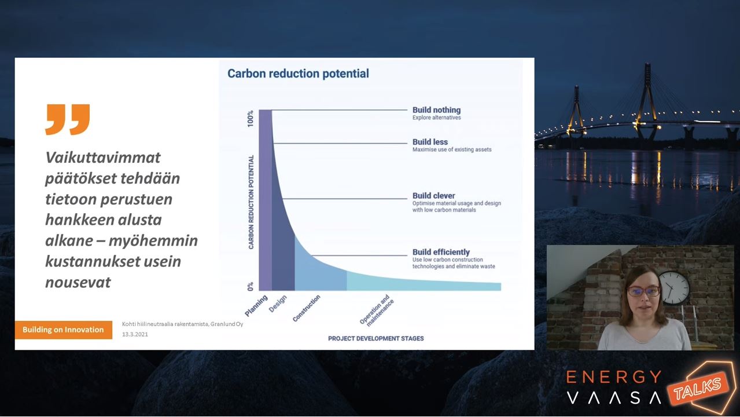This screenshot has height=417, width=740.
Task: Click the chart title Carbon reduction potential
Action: point(298,74)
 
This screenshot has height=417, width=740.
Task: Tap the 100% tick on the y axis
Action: point(251,118)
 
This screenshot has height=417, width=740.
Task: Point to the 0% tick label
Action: point(251,286)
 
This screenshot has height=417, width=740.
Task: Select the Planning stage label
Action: point(256,306)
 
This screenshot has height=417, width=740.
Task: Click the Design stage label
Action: point(278,303)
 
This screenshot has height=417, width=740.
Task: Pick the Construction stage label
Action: point(307,308)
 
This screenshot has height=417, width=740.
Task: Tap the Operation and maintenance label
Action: point(377,310)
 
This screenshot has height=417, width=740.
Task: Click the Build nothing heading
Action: point(436,110)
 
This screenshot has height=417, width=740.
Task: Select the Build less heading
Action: point(430,142)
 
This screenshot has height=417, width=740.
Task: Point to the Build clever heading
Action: point(434,196)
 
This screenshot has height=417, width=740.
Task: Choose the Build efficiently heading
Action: point(441,252)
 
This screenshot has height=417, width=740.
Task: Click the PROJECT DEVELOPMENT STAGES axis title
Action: point(376,338)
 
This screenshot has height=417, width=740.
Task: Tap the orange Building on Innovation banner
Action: point(64,330)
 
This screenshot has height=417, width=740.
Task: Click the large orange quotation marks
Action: point(68,119)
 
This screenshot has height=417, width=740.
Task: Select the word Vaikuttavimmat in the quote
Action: point(103,158)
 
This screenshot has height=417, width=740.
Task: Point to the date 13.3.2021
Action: point(135,334)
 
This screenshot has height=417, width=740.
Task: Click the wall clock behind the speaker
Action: point(673,288)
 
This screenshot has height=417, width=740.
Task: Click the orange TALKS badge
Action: point(698,387)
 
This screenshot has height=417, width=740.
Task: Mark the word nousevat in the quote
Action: point(78,283)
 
